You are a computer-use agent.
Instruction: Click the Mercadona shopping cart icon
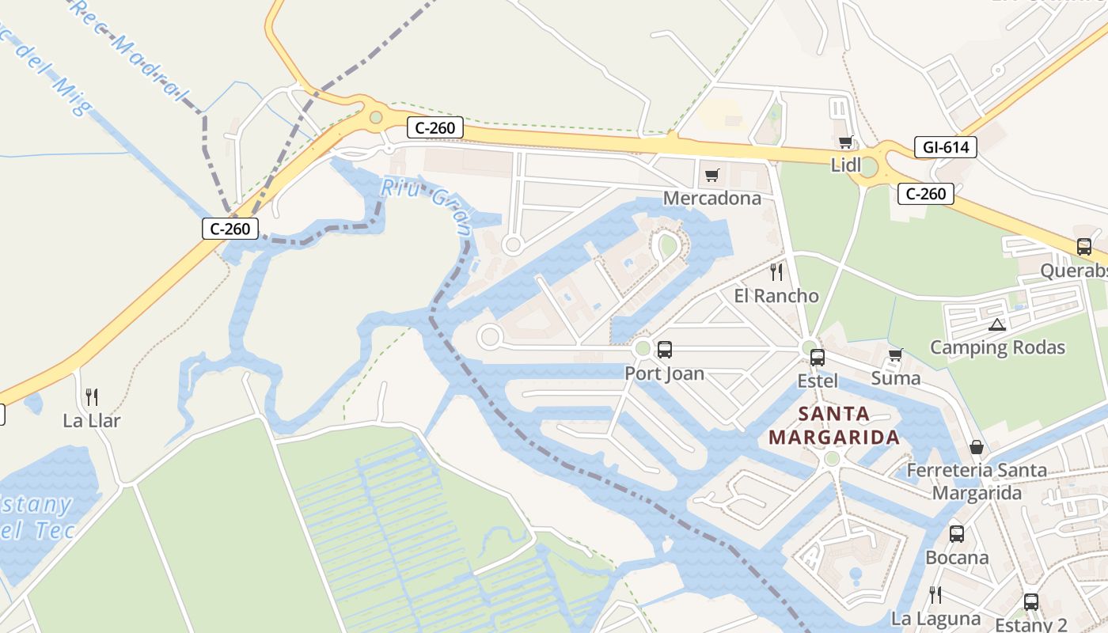click(x=711, y=175)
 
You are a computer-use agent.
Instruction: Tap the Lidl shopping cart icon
click(x=845, y=142)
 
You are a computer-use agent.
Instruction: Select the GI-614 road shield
click(x=945, y=146)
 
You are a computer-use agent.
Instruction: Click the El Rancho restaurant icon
click(x=776, y=272)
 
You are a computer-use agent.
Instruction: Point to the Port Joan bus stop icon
click(x=665, y=350)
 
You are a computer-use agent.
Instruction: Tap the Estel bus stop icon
click(x=818, y=358)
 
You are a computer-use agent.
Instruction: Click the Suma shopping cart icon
click(x=895, y=355)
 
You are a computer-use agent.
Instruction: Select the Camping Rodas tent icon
click(x=996, y=324)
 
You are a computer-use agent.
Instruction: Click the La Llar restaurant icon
click(x=92, y=397)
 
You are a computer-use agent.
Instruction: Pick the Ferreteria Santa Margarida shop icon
click(x=977, y=447)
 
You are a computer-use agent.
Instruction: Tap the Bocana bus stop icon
click(x=957, y=534)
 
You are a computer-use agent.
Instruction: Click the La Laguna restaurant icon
click(x=935, y=595)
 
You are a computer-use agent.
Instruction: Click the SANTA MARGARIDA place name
click(x=834, y=425)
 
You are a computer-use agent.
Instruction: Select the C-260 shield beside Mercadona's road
click(x=435, y=127)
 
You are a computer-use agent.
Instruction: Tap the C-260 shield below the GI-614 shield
click(x=925, y=194)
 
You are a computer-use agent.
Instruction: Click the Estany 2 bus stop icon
click(x=1030, y=602)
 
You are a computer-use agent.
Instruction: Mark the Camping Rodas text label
click(x=997, y=347)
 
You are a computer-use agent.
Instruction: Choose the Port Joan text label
click(x=665, y=373)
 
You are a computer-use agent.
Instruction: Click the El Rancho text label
click(x=776, y=296)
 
